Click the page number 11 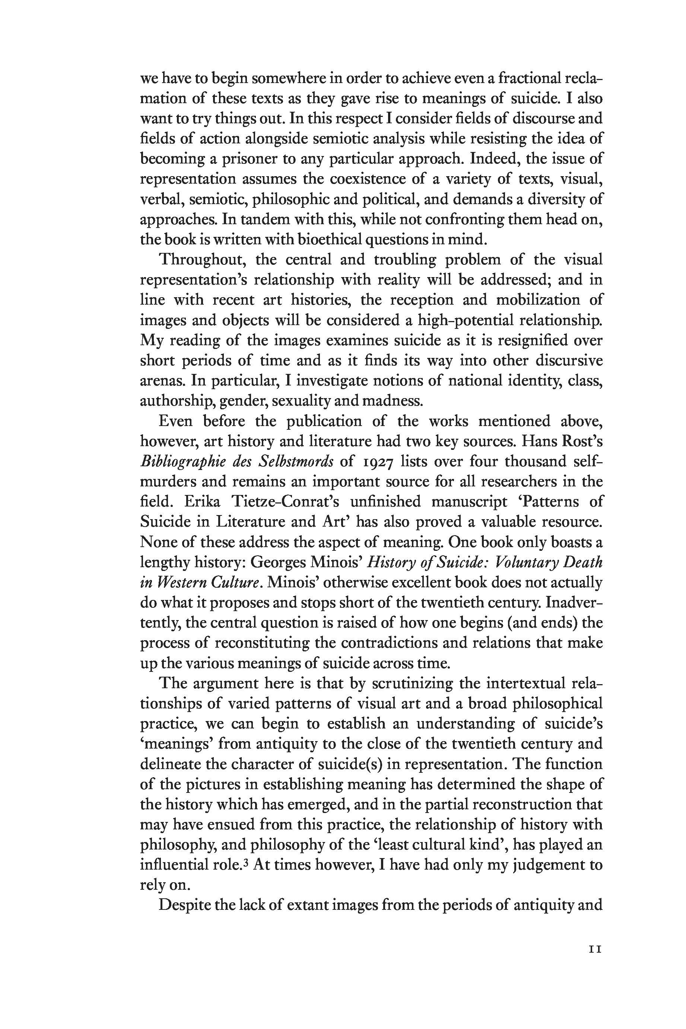[596, 949]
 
